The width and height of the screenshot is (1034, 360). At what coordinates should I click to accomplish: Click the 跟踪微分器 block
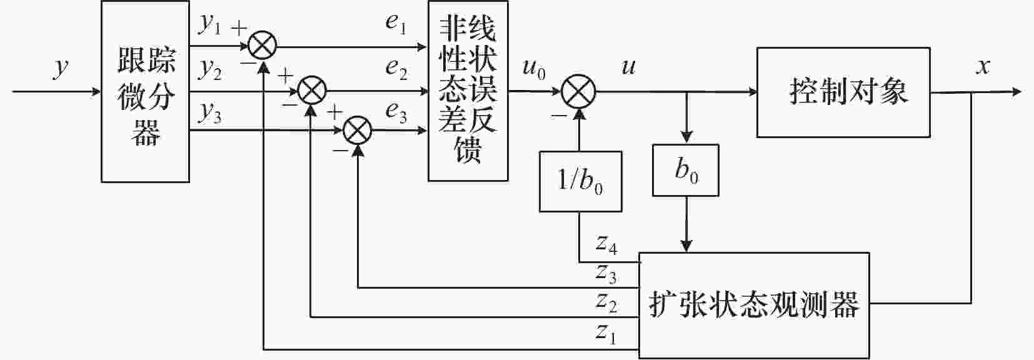(x=145, y=92)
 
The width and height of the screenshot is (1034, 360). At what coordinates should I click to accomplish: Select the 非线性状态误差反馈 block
(x=468, y=91)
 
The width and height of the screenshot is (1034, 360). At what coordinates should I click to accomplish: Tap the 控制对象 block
(x=843, y=92)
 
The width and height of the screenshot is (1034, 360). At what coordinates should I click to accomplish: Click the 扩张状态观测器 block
(x=753, y=304)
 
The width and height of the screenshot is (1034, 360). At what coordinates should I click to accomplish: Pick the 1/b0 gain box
(x=580, y=181)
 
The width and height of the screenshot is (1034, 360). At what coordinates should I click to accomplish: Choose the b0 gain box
(x=685, y=170)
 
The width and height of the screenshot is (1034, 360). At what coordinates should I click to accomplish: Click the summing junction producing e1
(x=262, y=46)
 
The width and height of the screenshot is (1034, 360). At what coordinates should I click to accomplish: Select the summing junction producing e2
(x=311, y=91)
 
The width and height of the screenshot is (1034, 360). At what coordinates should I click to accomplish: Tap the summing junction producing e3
(x=358, y=131)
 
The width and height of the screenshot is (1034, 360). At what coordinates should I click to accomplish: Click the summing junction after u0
(x=579, y=92)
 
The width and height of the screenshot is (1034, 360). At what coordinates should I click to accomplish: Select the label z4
(x=606, y=244)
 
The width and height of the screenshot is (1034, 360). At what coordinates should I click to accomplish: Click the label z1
(x=606, y=333)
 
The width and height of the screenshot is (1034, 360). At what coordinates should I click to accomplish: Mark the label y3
(x=210, y=112)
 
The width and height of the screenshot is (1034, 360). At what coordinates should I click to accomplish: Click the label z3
(x=606, y=272)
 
